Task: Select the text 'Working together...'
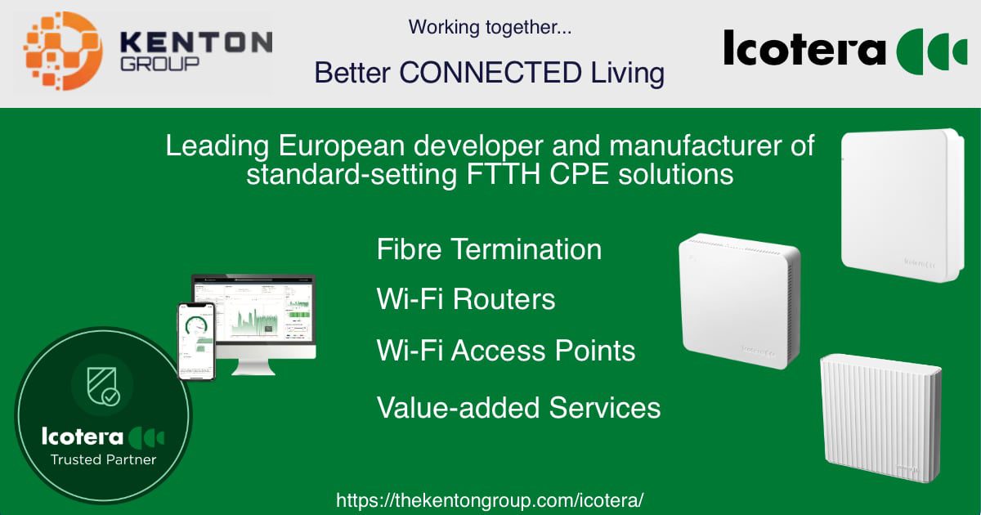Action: pos(490,27)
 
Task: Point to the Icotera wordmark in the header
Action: pos(804,50)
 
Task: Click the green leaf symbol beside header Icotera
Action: pos(931,51)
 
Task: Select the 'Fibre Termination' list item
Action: pos(489,249)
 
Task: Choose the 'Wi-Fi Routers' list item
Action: pos(466,299)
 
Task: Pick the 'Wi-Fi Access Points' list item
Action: pos(506,351)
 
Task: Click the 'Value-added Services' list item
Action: pos(518,407)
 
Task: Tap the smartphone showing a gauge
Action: pos(196,341)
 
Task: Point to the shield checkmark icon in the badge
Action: pos(102,387)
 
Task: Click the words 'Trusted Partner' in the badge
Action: pos(103,459)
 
